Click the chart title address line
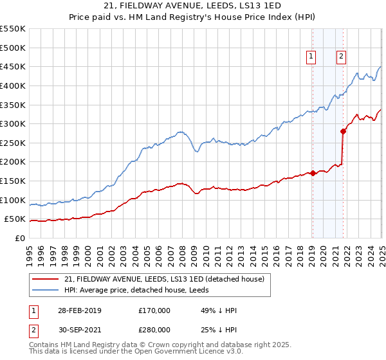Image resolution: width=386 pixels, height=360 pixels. click(x=192, y=6)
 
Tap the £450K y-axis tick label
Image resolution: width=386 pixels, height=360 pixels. click(x=13, y=66)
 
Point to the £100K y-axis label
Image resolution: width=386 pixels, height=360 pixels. click(x=13, y=200)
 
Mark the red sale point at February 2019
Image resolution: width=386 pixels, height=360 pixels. click(x=313, y=173)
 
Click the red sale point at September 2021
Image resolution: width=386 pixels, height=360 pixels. click(x=343, y=131)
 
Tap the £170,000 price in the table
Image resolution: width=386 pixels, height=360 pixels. click(x=154, y=310)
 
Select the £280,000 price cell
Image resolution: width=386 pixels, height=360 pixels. click(x=154, y=329)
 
